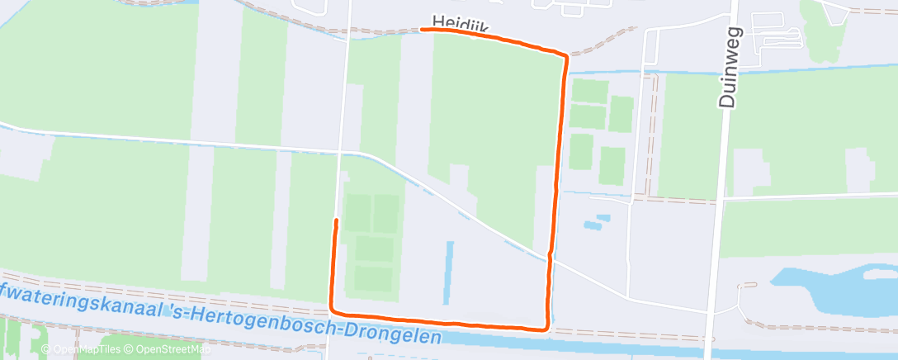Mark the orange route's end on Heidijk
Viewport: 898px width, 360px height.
point(423,30)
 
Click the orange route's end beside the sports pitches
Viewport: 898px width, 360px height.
point(336,220)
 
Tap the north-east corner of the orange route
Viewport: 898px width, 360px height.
point(566,56)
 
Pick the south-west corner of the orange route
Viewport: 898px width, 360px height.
point(333,311)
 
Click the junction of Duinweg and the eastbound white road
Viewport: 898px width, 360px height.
point(721,198)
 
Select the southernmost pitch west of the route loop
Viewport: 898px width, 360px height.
point(374,278)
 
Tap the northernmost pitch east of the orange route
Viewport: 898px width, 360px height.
point(589,91)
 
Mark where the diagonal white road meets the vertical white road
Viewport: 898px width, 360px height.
point(342,153)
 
